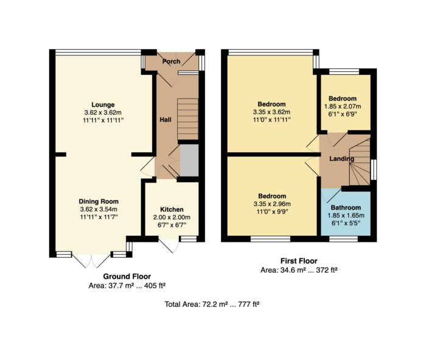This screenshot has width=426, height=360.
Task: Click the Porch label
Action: coord(171,62)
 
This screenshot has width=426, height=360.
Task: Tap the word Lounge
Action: coord(103,105)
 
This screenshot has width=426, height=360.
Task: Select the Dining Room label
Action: coord(99,202)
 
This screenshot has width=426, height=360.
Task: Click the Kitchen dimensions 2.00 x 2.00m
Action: coord(172,217)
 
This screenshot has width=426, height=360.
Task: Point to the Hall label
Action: coord(166,119)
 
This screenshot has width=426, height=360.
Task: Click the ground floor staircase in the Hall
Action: coord(187,119)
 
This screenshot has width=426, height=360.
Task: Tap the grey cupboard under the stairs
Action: coord(189,160)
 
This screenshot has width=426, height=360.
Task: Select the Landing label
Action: coord(342,159)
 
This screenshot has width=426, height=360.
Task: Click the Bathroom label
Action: coord(346,208)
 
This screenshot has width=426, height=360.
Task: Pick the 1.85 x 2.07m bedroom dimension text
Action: coord(343,107)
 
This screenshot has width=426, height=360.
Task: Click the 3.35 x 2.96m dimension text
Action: coord(272,204)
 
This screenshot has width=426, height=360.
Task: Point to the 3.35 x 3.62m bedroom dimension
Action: coord(271,111)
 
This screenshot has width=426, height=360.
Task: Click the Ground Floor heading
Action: coord(127,277)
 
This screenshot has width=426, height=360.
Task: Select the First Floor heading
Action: coord(299,261)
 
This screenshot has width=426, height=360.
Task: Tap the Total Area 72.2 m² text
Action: coord(212,304)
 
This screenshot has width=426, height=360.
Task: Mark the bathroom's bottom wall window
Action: coord(343,239)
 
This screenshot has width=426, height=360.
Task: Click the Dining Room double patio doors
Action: coord(91,261)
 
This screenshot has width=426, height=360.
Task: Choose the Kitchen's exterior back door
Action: coord(169,245)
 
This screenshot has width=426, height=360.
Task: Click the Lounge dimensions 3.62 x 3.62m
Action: coord(103,113)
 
